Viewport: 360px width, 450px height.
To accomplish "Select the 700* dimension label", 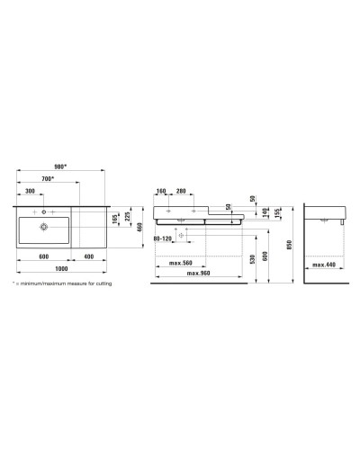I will coord(48,180).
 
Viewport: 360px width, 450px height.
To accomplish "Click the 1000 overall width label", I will coord(61,268).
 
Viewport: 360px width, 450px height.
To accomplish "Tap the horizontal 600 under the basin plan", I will coord(43,256).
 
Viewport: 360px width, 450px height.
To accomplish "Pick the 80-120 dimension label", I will coord(163,238).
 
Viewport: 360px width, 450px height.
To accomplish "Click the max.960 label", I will coord(199,273).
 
